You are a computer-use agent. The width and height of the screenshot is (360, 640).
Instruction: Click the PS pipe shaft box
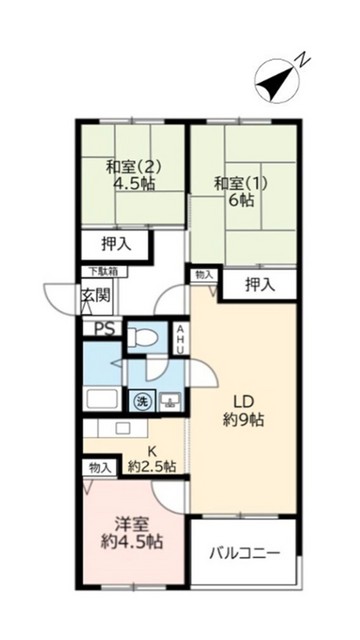[x=103, y=328]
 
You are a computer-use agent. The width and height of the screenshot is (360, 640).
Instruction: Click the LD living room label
[x=239, y=398]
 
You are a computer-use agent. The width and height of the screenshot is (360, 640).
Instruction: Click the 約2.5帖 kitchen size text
[x=153, y=466]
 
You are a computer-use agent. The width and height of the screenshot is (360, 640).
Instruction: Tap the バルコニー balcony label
[x=244, y=553]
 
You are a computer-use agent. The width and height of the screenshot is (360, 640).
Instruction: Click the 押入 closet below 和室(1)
[x=260, y=285]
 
